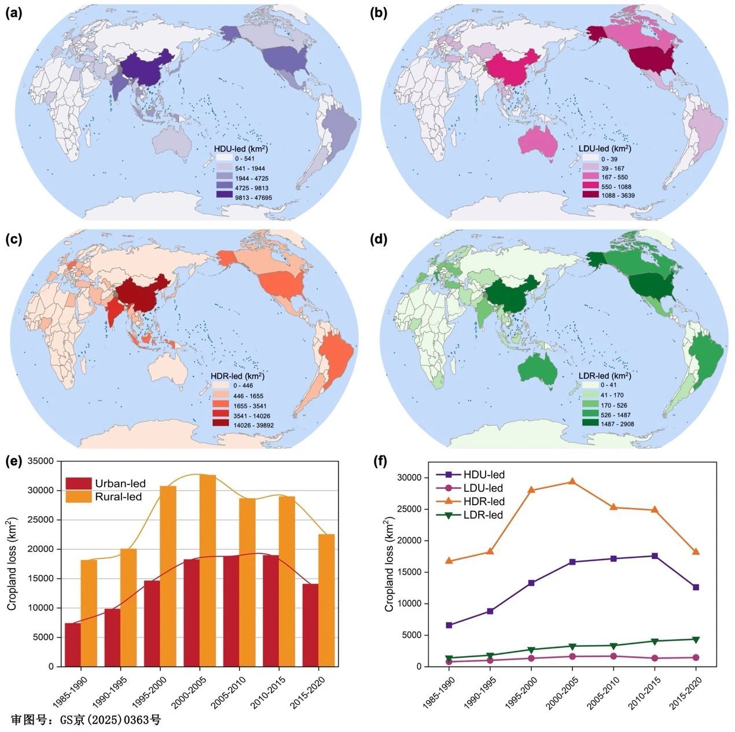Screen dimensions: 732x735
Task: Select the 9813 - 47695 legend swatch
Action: coord(224,197)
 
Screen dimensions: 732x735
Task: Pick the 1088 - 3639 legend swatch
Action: coord(591,196)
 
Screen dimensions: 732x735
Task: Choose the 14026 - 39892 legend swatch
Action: coord(220,425)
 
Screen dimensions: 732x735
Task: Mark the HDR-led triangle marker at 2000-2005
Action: coord(572,481)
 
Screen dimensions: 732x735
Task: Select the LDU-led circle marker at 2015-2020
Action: coord(696,657)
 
